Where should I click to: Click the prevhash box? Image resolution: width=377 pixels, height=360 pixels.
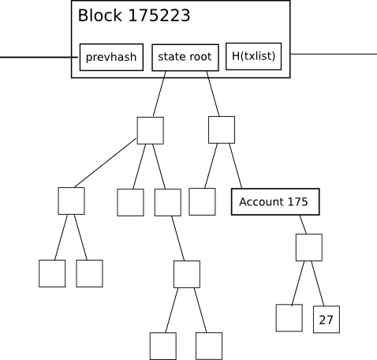(111, 57)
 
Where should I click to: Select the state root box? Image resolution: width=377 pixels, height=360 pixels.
(185, 58)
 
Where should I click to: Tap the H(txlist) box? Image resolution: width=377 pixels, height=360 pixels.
(254, 56)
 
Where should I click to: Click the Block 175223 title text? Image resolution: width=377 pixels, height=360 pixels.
(134, 16)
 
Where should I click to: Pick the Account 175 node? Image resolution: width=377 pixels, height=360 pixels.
(275, 202)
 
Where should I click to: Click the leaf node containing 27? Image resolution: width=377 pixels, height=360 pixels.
(327, 320)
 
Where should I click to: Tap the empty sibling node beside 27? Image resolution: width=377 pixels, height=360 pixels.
(289, 318)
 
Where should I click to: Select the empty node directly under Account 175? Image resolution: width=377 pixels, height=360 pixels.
(309, 247)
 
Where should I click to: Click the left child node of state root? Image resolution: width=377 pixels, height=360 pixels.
(151, 130)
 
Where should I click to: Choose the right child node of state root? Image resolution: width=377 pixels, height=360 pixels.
(222, 129)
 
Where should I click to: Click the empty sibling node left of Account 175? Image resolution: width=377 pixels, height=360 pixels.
(202, 201)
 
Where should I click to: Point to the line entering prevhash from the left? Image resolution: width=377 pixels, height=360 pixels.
(39, 57)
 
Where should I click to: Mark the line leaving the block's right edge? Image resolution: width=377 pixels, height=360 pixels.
(334, 54)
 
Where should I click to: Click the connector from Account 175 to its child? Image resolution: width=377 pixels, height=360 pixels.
(303, 224)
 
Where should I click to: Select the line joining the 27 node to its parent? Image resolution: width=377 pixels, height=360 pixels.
(318, 283)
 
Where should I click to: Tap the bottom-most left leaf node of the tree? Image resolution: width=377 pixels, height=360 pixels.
(163, 346)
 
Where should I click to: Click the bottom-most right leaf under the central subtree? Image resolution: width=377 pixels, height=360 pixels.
(209, 346)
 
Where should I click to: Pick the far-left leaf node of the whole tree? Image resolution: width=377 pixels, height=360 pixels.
(52, 273)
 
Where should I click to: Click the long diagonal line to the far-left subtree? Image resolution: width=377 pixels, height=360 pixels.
(106, 163)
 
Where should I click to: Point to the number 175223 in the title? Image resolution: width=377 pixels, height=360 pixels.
(159, 16)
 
